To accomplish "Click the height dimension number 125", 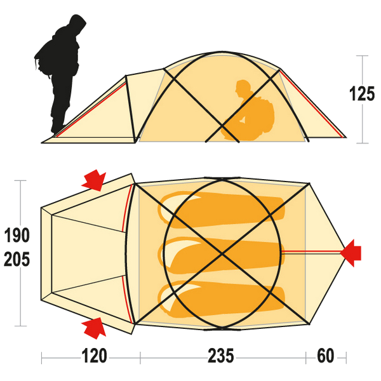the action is (x=362, y=93).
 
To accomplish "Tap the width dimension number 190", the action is (x=17, y=235).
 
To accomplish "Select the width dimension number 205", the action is (x=17, y=259).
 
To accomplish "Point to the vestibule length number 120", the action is (x=94, y=356).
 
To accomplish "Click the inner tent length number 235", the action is (x=220, y=356).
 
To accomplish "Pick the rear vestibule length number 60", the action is (x=325, y=356).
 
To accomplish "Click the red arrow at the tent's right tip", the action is (x=351, y=253).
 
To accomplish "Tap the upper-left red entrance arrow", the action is (x=94, y=180).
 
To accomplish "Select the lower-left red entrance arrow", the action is (x=94, y=328).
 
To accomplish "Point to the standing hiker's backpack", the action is (x=44, y=61).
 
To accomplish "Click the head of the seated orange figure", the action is (x=243, y=88).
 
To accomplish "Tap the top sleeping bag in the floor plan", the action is (x=221, y=210).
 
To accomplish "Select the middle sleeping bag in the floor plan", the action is (x=221, y=254).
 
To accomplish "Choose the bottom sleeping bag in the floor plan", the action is (x=221, y=299).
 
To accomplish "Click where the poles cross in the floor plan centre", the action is (x=222, y=253).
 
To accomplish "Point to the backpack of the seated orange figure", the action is (x=264, y=114).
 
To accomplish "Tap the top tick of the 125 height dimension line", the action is (x=363, y=56).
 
